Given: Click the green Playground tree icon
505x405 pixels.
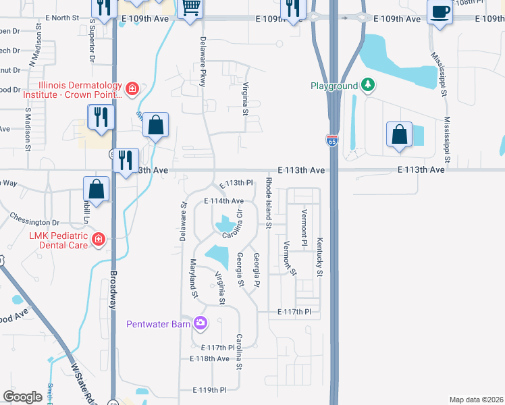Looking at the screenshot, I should [x=367, y=85].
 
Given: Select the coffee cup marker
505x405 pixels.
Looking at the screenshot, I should [x=440, y=12].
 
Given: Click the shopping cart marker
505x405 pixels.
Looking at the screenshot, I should [x=191, y=7].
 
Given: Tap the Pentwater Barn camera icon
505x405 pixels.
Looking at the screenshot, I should [x=200, y=324].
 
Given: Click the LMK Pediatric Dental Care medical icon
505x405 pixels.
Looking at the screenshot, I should [x=99, y=238].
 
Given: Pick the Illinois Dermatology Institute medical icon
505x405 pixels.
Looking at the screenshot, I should [x=132, y=88].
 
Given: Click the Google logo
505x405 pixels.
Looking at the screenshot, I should [x=22, y=396].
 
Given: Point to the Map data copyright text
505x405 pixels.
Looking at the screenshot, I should [x=476, y=400].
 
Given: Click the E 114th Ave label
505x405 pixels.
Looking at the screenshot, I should [x=223, y=201].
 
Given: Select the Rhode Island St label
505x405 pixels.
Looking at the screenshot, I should [x=268, y=196].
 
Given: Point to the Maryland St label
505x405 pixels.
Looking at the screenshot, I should [x=194, y=279].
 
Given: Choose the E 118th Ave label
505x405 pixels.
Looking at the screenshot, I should [x=209, y=358].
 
